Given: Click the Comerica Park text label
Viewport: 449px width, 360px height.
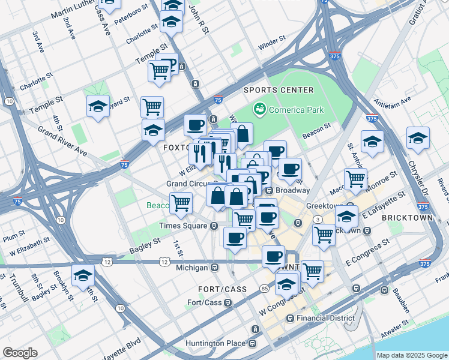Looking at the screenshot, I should [297, 110].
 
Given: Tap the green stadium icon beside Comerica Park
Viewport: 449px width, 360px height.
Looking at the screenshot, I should [260, 109].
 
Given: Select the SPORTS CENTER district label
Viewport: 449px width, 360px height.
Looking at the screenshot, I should [279, 90].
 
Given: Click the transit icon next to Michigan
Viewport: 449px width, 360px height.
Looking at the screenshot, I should [215, 266].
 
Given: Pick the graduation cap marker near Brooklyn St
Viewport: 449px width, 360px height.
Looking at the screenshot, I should [83, 276].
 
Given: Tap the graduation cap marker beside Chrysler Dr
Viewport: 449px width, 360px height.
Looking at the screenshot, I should [418, 139].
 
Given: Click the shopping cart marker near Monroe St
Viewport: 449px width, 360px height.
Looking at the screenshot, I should [355, 178].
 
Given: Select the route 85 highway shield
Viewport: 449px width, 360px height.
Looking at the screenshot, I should [265, 289].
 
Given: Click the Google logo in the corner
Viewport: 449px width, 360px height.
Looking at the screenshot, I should [20, 353].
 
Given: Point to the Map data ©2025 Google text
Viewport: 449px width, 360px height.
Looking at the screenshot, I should [412, 355].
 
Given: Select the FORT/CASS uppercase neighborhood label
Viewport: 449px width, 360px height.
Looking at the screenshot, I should [226, 289].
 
